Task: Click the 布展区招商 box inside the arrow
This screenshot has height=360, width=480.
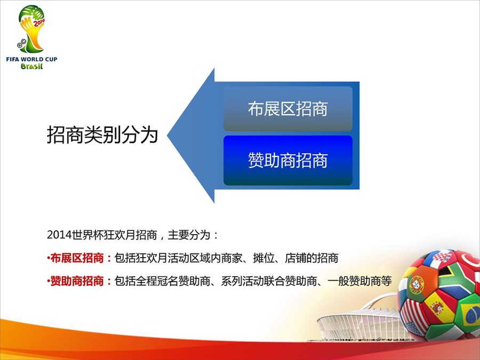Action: coord(288,109)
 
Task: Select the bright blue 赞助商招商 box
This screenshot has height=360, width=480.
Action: coord(288,161)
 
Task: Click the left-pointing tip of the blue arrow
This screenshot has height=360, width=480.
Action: coord(168,135)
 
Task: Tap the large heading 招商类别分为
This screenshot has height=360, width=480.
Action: coord(102,135)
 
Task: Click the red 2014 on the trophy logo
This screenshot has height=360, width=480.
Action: coord(39,22)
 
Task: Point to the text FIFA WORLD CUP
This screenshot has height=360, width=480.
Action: coord(31,59)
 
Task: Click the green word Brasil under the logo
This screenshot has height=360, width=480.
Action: coord(31,66)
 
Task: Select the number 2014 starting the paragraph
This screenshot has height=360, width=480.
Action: coord(59,235)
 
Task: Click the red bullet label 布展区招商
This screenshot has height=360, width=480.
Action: coord(77,258)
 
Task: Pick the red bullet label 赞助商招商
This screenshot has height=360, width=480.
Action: coord(77,281)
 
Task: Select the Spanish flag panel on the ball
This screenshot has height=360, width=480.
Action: coord(438,306)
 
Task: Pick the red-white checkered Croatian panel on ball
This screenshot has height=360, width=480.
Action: coord(441,257)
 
